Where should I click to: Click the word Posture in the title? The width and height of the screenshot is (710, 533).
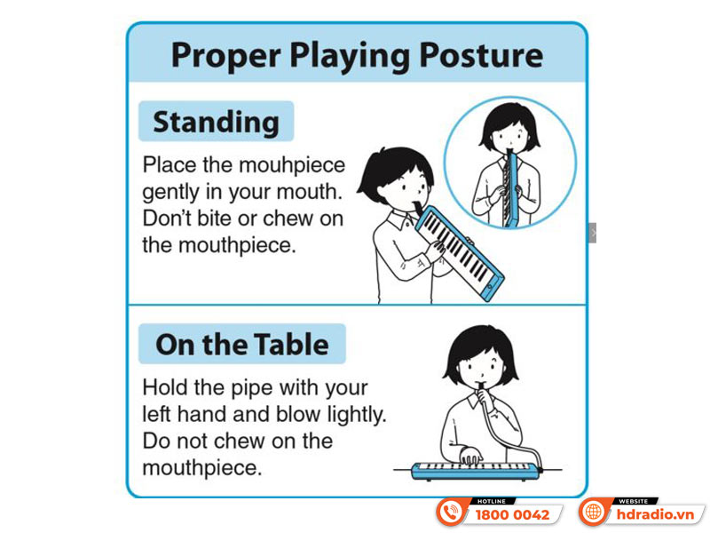tap(481, 55)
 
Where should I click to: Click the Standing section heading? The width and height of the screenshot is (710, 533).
tap(216, 122)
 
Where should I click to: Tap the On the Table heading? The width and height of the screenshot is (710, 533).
tap(241, 345)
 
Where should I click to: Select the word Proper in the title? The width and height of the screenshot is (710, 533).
tap(226, 56)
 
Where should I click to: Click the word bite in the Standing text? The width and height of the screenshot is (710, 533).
tap(215, 218)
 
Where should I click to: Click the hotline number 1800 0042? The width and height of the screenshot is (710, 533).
tap(512, 515)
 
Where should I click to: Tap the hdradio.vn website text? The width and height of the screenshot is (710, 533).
tap(655, 515)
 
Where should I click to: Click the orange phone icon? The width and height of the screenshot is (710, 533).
tap(451, 513)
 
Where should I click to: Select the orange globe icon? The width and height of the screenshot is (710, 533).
tap(593, 513)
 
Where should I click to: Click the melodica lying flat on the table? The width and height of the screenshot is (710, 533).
tap(477, 471)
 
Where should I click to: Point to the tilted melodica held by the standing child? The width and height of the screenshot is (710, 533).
tap(459, 253)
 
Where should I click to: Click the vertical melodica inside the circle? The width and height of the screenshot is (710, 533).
tap(511, 189)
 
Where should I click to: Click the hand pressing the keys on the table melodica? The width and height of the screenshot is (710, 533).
tap(470, 456)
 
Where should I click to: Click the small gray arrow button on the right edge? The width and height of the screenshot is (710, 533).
tap(592, 233)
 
